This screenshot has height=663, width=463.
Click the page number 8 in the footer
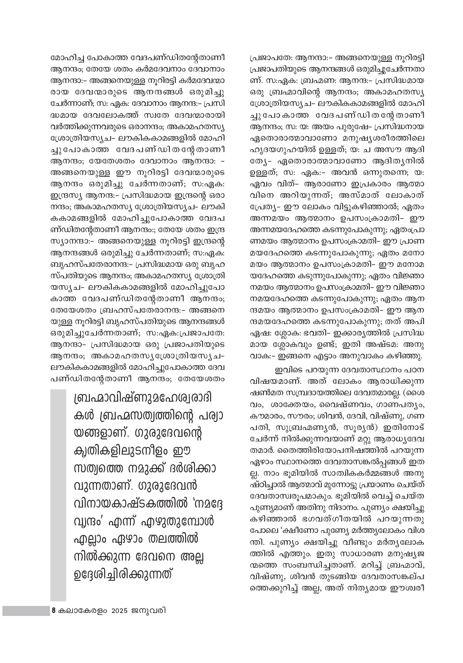(x=53, y=611)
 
